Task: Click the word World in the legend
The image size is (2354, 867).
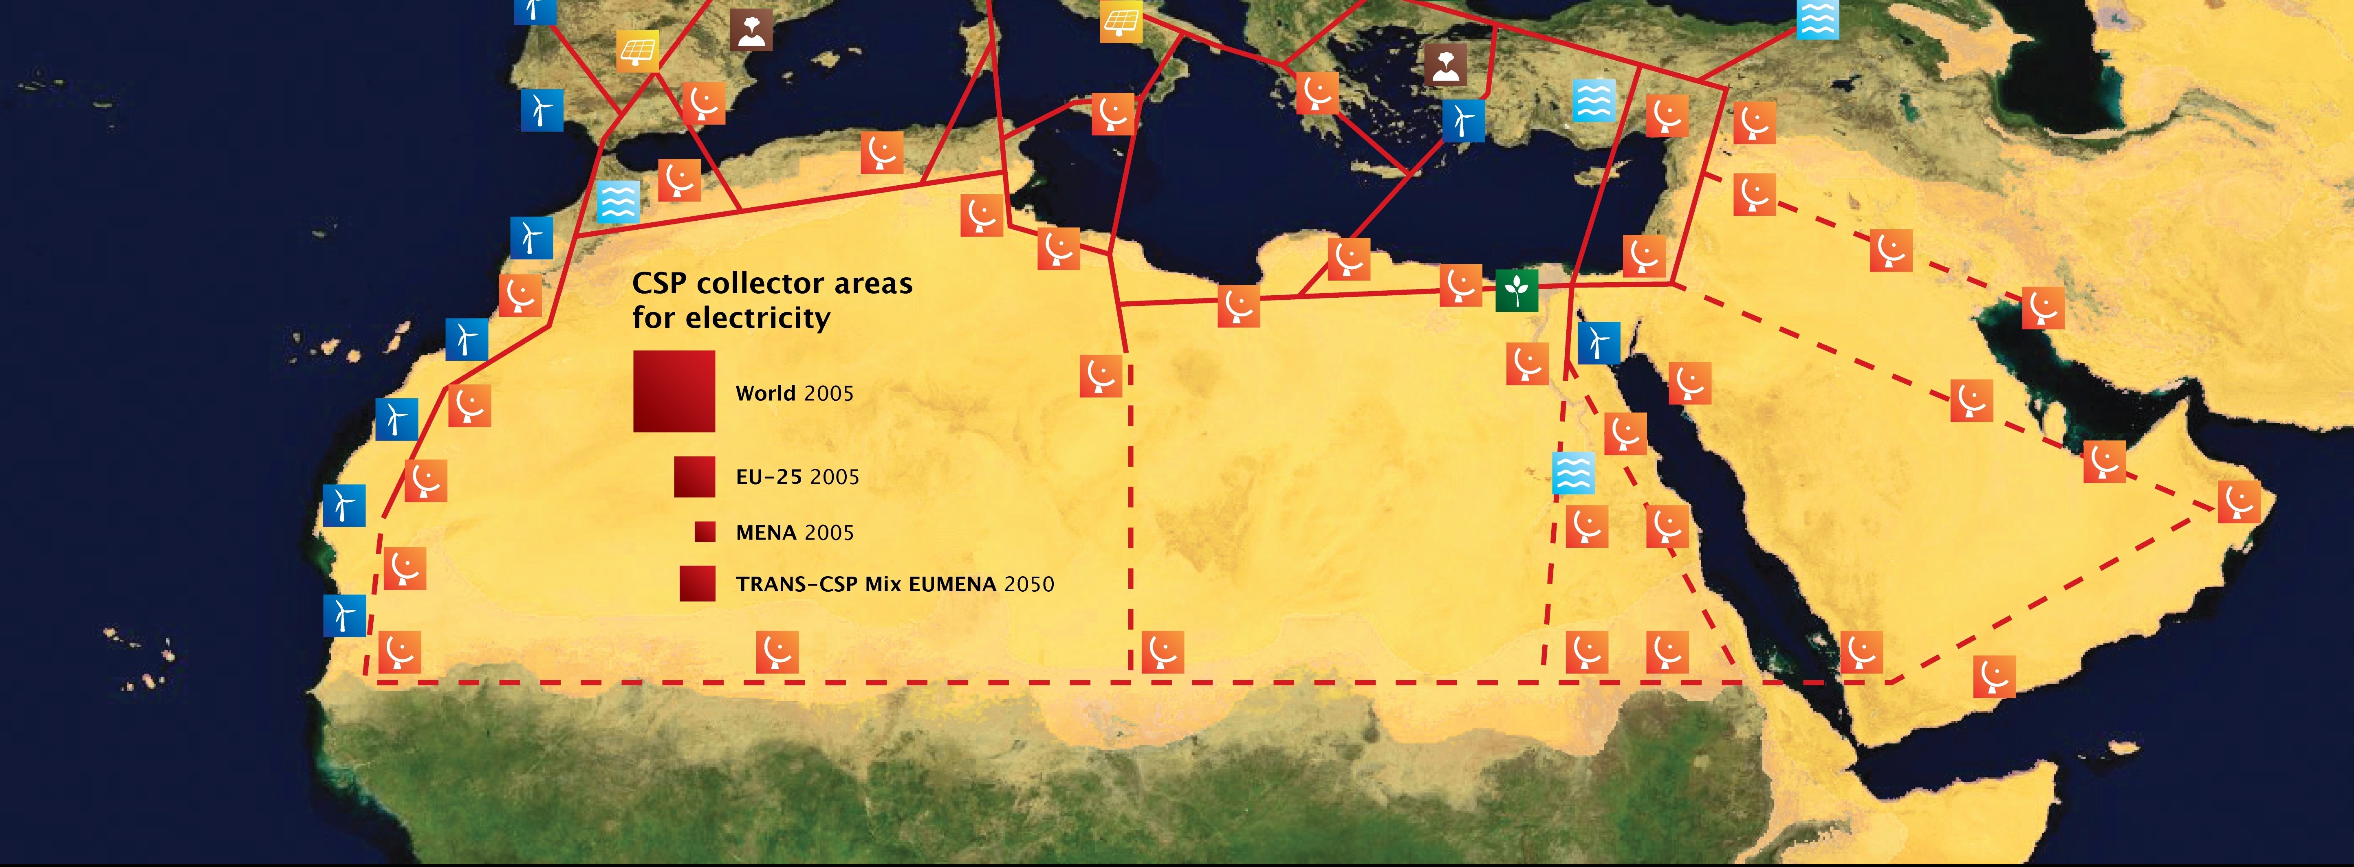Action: [x=765, y=393]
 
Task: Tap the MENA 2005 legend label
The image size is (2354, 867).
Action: [x=794, y=533]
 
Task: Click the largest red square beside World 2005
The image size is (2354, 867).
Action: [x=674, y=391]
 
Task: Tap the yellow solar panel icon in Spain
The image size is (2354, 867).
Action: [x=637, y=51]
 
